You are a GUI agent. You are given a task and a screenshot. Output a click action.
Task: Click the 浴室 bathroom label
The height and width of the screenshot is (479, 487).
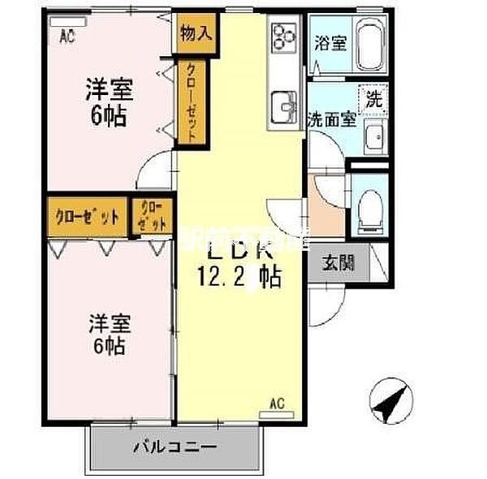tap(330, 43)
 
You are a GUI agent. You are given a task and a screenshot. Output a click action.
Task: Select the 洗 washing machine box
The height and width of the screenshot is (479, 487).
tap(373, 100)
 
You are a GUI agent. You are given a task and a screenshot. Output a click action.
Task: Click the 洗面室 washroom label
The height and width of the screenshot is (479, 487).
tap(332, 119)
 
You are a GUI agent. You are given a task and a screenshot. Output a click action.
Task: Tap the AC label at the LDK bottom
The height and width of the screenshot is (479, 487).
tap(276, 403)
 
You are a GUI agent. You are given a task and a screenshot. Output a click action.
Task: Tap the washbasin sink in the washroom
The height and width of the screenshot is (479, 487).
tap(375, 139)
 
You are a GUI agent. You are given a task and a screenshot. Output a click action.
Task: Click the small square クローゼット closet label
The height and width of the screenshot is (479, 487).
tap(152, 216)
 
